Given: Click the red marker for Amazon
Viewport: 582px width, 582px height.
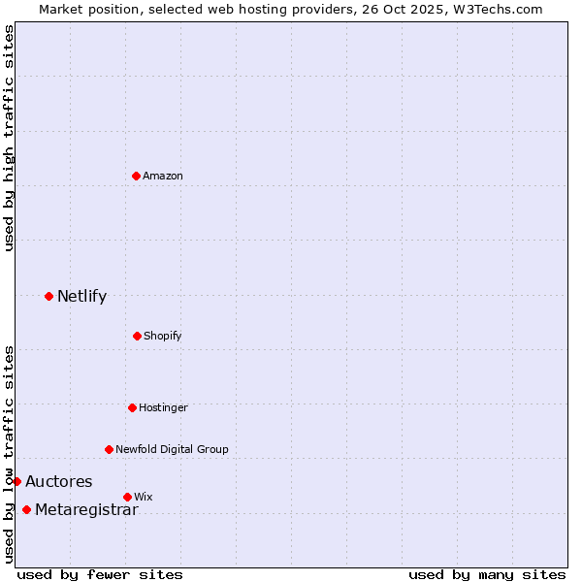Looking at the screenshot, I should [x=136, y=176].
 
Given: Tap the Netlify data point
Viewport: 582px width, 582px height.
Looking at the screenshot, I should [x=48, y=296].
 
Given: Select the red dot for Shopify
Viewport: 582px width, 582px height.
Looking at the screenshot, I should [x=137, y=336].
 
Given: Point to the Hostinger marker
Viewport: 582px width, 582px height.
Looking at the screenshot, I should [x=132, y=407].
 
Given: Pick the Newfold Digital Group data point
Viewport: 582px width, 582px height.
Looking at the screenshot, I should [x=109, y=449].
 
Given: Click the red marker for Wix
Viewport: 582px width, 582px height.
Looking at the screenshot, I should [x=127, y=497].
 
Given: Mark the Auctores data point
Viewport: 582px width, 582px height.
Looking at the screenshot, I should [x=16, y=481].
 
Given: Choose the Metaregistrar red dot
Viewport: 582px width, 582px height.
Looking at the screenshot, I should [x=26, y=510].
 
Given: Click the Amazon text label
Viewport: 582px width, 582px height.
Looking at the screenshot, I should [x=163, y=176].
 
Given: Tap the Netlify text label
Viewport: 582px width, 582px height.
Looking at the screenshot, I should [x=81, y=296].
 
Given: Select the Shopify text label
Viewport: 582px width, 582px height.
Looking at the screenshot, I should [x=163, y=336].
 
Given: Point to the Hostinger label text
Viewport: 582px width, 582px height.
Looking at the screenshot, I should [x=163, y=407].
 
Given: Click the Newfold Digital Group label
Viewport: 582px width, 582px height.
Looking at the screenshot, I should [x=172, y=449].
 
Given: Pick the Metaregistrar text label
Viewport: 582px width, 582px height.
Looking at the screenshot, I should [x=86, y=510].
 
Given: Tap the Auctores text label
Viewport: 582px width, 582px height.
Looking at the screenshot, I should [x=58, y=481].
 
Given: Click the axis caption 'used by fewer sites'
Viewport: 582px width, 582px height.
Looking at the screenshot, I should [x=100, y=574].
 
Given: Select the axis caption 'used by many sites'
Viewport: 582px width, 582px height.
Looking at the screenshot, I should [x=487, y=574].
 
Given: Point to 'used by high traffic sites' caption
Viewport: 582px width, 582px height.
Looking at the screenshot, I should [x=9, y=138].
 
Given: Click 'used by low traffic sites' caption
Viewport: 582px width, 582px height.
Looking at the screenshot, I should [x=9, y=454].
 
